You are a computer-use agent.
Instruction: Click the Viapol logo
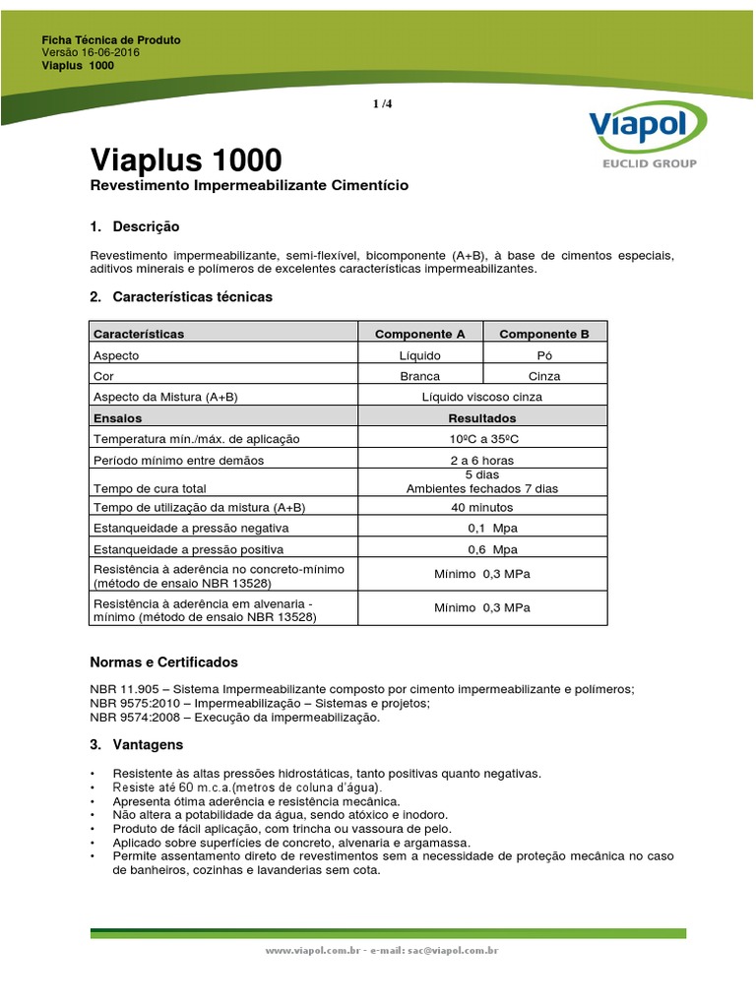(647, 133)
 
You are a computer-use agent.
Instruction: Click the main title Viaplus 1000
(185, 159)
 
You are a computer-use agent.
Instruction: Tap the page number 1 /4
(383, 103)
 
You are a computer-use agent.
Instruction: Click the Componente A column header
(420, 334)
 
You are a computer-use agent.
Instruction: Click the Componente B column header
(543, 334)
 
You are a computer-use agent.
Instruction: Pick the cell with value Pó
(543, 355)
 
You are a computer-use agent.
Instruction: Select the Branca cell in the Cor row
(420, 376)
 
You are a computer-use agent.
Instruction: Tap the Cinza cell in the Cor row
(543, 376)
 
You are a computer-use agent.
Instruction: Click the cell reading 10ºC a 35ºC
(481, 439)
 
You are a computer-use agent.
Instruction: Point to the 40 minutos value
(481, 507)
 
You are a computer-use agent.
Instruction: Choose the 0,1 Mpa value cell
(481, 529)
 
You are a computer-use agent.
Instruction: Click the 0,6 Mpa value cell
(481, 549)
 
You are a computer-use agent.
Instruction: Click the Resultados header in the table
(481, 418)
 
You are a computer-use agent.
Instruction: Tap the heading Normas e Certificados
(163, 662)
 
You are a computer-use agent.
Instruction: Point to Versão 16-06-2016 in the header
(91, 53)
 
